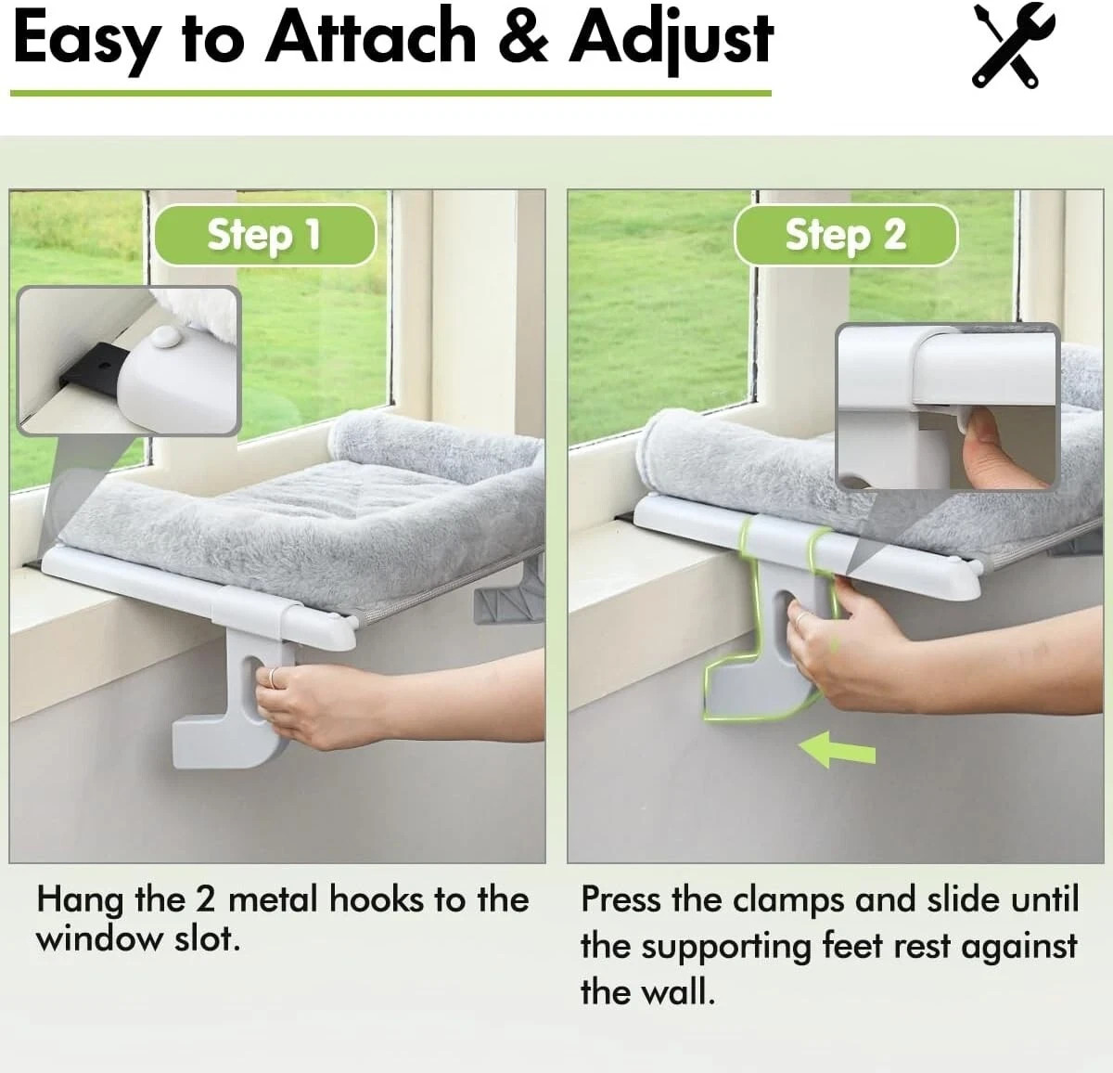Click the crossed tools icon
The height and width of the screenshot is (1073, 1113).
[x=1014, y=45]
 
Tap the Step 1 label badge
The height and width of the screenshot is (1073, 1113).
[x=263, y=235]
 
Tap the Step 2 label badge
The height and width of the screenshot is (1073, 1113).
[x=845, y=235]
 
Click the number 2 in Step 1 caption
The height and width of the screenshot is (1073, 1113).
[x=204, y=900]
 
